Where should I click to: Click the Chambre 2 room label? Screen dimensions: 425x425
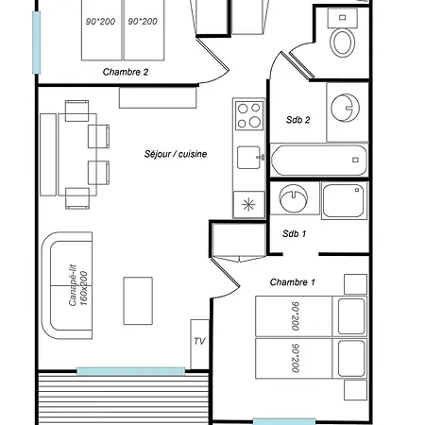click(126, 72)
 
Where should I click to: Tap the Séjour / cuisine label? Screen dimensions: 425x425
click(176, 154)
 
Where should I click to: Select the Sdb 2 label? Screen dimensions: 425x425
click(297, 120)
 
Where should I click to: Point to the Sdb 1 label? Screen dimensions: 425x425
click(294, 233)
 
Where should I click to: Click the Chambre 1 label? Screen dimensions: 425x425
click(292, 282)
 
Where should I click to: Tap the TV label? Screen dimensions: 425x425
click(199, 341)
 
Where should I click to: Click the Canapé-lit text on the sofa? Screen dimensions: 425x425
click(73, 285)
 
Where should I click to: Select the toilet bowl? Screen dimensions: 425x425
click(343, 42)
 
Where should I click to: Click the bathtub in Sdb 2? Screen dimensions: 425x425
click(319, 160)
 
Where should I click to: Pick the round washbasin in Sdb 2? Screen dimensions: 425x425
click(345, 108)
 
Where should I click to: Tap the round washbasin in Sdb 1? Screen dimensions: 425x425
click(294, 198)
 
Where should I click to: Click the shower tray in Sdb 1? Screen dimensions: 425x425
click(344, 200)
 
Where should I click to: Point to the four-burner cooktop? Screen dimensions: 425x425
click(249, 115)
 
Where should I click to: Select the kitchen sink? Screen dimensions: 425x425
click(249, 158)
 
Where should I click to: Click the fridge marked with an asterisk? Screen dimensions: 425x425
click(248, 205)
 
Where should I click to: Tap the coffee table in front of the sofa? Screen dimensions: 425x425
click(138, 301)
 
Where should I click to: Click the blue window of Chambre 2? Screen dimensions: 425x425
click(37, 42)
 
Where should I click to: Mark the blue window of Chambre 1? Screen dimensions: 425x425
click(284, 421)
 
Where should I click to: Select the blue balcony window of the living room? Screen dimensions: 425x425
click(131, 371)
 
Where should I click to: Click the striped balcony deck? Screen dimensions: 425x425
click(124, 399)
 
